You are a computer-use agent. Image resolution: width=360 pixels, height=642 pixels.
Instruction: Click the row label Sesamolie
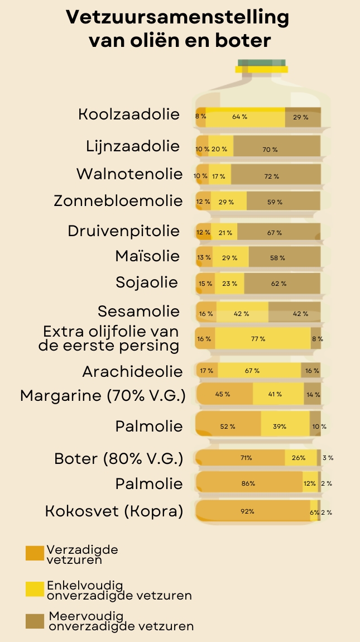(x=138, y=311)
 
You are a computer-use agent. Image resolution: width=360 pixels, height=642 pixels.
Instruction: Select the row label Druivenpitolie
(x=124, y=231)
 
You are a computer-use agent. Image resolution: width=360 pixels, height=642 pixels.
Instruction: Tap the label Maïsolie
(x=147, y=256)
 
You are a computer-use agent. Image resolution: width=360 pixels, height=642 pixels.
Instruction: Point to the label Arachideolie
(x=132, y=371)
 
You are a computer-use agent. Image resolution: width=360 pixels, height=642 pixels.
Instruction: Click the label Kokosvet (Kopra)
(x=114, y=511)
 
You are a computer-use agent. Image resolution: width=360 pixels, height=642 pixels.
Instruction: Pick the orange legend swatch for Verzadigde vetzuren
(x=35, y=553)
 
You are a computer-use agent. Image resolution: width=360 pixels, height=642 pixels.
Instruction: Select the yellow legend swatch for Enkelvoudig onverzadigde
(x=35, y=589)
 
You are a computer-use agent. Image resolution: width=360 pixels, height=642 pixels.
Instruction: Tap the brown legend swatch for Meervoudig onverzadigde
(x=35, y=621)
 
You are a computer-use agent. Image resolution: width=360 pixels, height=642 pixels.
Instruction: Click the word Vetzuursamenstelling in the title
(x=177, y=18)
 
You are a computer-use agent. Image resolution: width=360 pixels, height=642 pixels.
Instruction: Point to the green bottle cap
(x=261, y=62)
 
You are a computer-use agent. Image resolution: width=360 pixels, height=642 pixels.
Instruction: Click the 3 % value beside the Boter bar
(x=328, y=458)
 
